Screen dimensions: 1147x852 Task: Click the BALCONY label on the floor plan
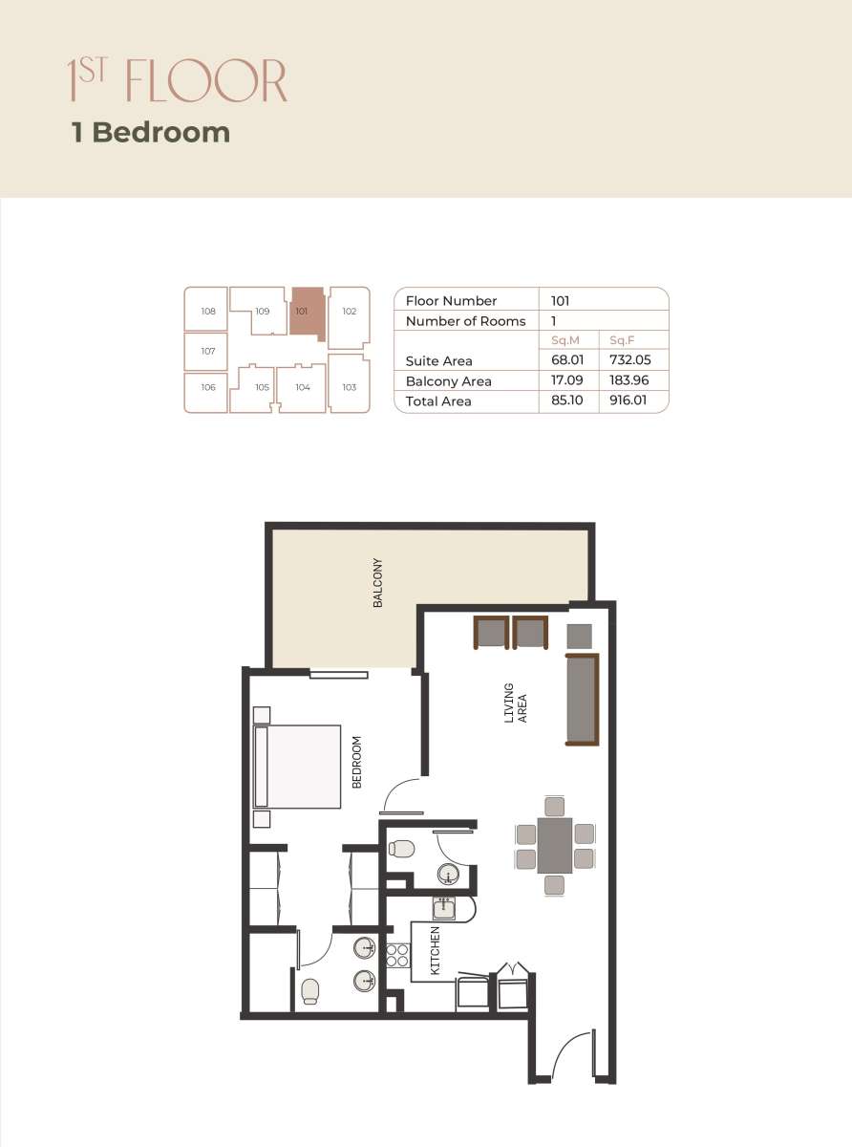pyautogui.click(x=378, y=583)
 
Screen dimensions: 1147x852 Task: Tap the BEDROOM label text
pyautogui.click(x=357, y=762)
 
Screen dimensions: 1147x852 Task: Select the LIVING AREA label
pyautogui.click(x=515, y=703)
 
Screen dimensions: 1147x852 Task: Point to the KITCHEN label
pyautogui.click(x=436, y=951)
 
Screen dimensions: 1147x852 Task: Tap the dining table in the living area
pyautogui.click(x=555, y=846)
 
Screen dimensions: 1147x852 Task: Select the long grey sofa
pyautogui.click(x=582, y=700)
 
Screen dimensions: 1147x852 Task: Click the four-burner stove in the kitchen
pyautogui.click(x=395, y=955)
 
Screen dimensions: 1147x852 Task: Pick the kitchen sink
pyautogui.click(x=444, y=908)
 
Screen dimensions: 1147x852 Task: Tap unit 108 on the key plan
pyautogui.click(x=208, y=312)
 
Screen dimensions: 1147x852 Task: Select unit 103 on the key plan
pyautogui.click(x=349, y=387)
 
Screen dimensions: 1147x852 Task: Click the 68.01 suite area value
pyautogui.click(x=568, y=360)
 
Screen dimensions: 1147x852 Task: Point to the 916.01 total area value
pyautogui.click(x=628, y=401)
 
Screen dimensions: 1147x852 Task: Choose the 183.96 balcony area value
pyautogui.click(x=628, y=380)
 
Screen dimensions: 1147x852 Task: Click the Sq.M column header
pyautogui.click(x=567, y=340)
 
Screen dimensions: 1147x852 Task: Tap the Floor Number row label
pyautogui.click(x=451, y=300)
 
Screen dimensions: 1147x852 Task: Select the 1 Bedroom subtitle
pyautogui.click(x=151, y=132)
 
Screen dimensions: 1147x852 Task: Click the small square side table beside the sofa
pyautogui.click(x=580, y=636)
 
